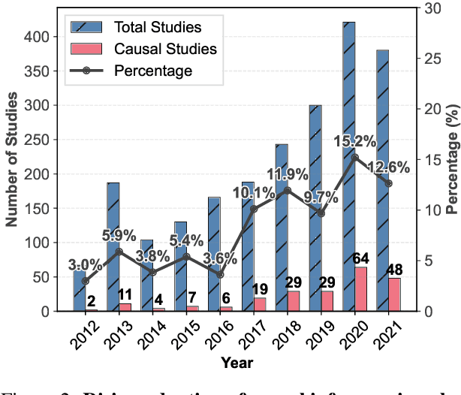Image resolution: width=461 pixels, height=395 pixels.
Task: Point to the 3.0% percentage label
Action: coord(84,264)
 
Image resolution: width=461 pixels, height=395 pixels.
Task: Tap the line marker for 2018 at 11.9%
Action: coord(287,191)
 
